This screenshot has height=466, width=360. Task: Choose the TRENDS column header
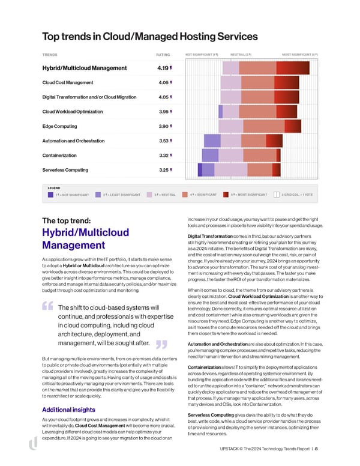(50, 55)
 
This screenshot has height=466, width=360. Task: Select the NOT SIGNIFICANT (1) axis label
(201, 55)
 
